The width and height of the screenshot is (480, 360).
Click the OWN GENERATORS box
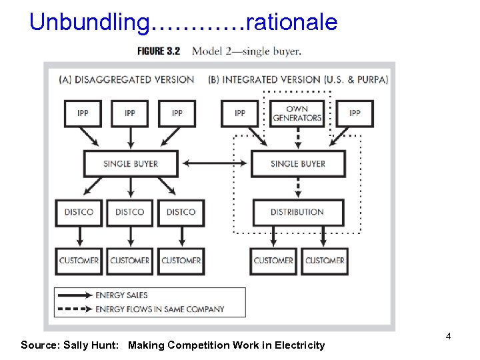(297, 113)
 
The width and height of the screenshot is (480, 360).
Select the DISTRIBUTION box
(297, 212)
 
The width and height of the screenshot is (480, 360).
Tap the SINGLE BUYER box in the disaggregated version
(131, 163)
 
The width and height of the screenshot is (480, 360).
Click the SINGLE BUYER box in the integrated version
(298, 163)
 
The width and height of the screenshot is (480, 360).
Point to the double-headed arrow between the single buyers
(214, 163)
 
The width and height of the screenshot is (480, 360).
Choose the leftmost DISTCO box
(79, 212)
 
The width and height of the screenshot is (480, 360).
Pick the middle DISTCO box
(129, 212)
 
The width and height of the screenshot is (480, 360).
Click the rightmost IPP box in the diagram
(355, 113)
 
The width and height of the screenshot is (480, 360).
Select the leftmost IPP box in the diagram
(83, 113)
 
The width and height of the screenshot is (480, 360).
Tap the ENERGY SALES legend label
(122, 295)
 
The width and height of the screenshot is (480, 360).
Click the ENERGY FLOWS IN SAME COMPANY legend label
(160, 309)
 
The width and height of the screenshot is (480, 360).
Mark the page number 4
(449, 336)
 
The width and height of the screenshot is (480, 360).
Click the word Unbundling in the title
(90, 23)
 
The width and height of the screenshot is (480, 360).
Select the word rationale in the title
(292, 23)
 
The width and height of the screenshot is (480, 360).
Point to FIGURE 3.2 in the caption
(159, 51)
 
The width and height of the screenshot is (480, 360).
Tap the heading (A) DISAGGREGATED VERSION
(127, 79)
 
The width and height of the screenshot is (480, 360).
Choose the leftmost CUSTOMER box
(79, 261)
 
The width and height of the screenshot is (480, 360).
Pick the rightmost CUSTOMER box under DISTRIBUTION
(325, 261)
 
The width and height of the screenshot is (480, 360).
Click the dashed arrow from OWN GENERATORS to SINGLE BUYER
(297, 138)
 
